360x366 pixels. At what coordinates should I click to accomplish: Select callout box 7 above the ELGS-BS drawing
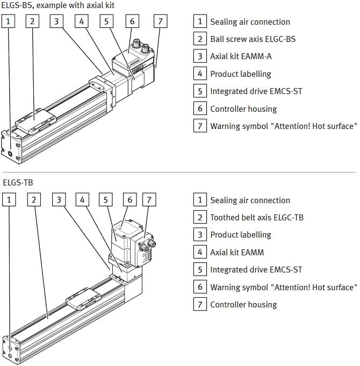click(160, 21)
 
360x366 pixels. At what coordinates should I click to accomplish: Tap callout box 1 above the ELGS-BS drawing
click(9, 21)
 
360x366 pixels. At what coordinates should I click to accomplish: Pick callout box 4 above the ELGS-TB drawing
click(82, 200)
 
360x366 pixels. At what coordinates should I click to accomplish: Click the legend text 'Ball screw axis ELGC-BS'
click(253, 39)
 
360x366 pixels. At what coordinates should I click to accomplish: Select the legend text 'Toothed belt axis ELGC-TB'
click(256, 218)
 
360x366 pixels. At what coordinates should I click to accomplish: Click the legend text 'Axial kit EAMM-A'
click(241, 56)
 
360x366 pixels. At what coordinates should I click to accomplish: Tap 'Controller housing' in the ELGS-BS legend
click(243, 109)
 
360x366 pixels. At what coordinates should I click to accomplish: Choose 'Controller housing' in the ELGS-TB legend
click(243, 305)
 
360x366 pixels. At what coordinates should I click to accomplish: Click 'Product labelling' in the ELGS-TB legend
click(240, 235)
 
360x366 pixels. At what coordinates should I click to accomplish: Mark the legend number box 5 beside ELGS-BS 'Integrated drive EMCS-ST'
click(200, 91)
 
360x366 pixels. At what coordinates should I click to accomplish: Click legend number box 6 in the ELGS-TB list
click(200, 287)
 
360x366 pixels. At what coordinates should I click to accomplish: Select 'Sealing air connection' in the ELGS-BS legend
click(250, 22)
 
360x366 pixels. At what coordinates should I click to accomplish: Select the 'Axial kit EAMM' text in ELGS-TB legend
click(237, 252)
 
